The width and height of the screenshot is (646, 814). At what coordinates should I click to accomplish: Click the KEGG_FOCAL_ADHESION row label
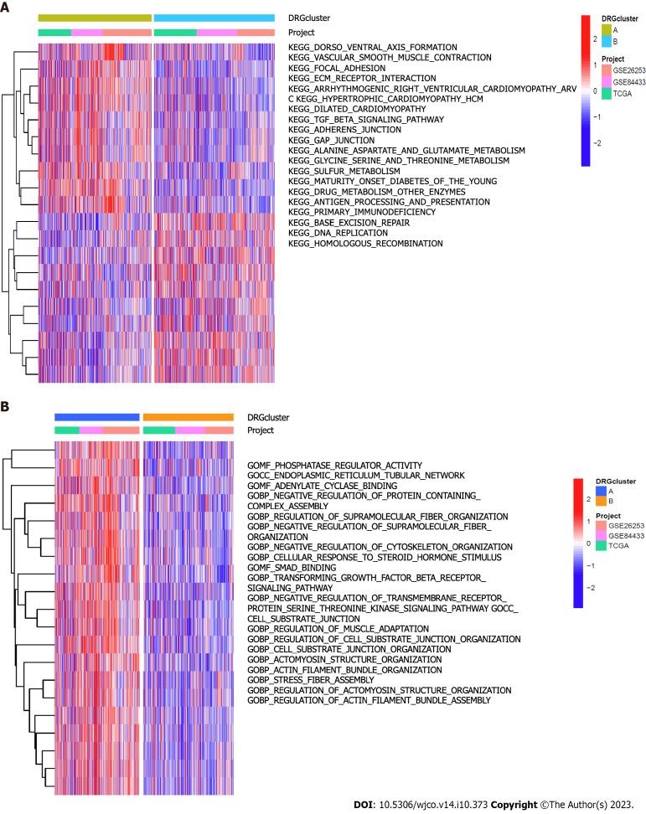336,68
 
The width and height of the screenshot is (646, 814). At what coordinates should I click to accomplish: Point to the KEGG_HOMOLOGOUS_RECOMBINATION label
365,244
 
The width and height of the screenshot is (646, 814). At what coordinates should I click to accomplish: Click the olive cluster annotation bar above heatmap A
95,18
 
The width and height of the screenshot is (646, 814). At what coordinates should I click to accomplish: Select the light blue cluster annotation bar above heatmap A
214,18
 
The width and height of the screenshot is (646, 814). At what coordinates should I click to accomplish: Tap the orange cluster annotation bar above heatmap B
189,416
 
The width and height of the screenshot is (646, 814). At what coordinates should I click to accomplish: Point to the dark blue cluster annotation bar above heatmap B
97,416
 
